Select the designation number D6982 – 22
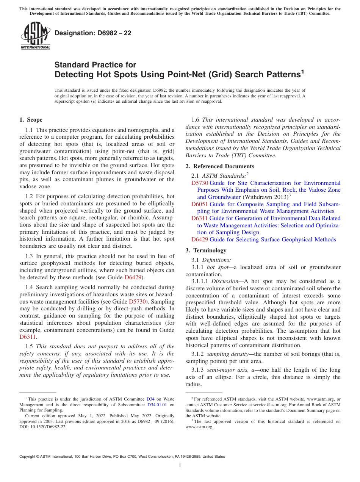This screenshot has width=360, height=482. click(93, 33)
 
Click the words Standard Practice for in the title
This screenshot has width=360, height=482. click(95, 65)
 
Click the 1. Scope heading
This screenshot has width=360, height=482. click(31, 120)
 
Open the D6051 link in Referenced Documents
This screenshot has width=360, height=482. click(199, 204)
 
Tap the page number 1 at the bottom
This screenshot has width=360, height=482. click(180, 465)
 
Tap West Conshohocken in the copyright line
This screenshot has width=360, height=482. click(147, 457)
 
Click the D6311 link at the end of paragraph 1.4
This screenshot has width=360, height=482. click(28, 336)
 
